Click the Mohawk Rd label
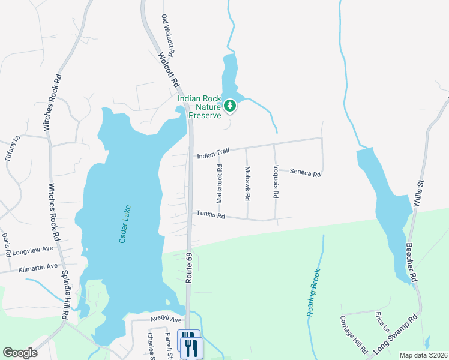point(247,183)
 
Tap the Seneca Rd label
point(305,173)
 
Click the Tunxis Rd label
point(210,214)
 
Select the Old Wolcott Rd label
point(168,36)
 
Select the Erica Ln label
point(381,322)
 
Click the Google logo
point(20,353)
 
